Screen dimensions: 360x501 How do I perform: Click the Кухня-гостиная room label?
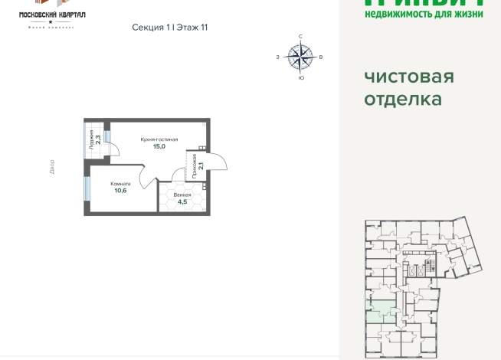[159, 139]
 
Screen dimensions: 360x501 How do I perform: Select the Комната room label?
[120, 184]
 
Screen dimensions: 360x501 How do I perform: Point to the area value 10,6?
[120, 191]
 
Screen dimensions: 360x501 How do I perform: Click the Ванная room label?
[182, 195]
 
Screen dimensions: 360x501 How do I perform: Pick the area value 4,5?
[182, 202]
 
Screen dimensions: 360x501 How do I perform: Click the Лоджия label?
[91, 140]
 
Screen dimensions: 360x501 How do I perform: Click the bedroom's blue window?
[85, 188]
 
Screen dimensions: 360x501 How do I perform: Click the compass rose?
[300, 56]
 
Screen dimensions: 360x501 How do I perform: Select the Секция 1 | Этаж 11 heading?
[170, 27]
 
